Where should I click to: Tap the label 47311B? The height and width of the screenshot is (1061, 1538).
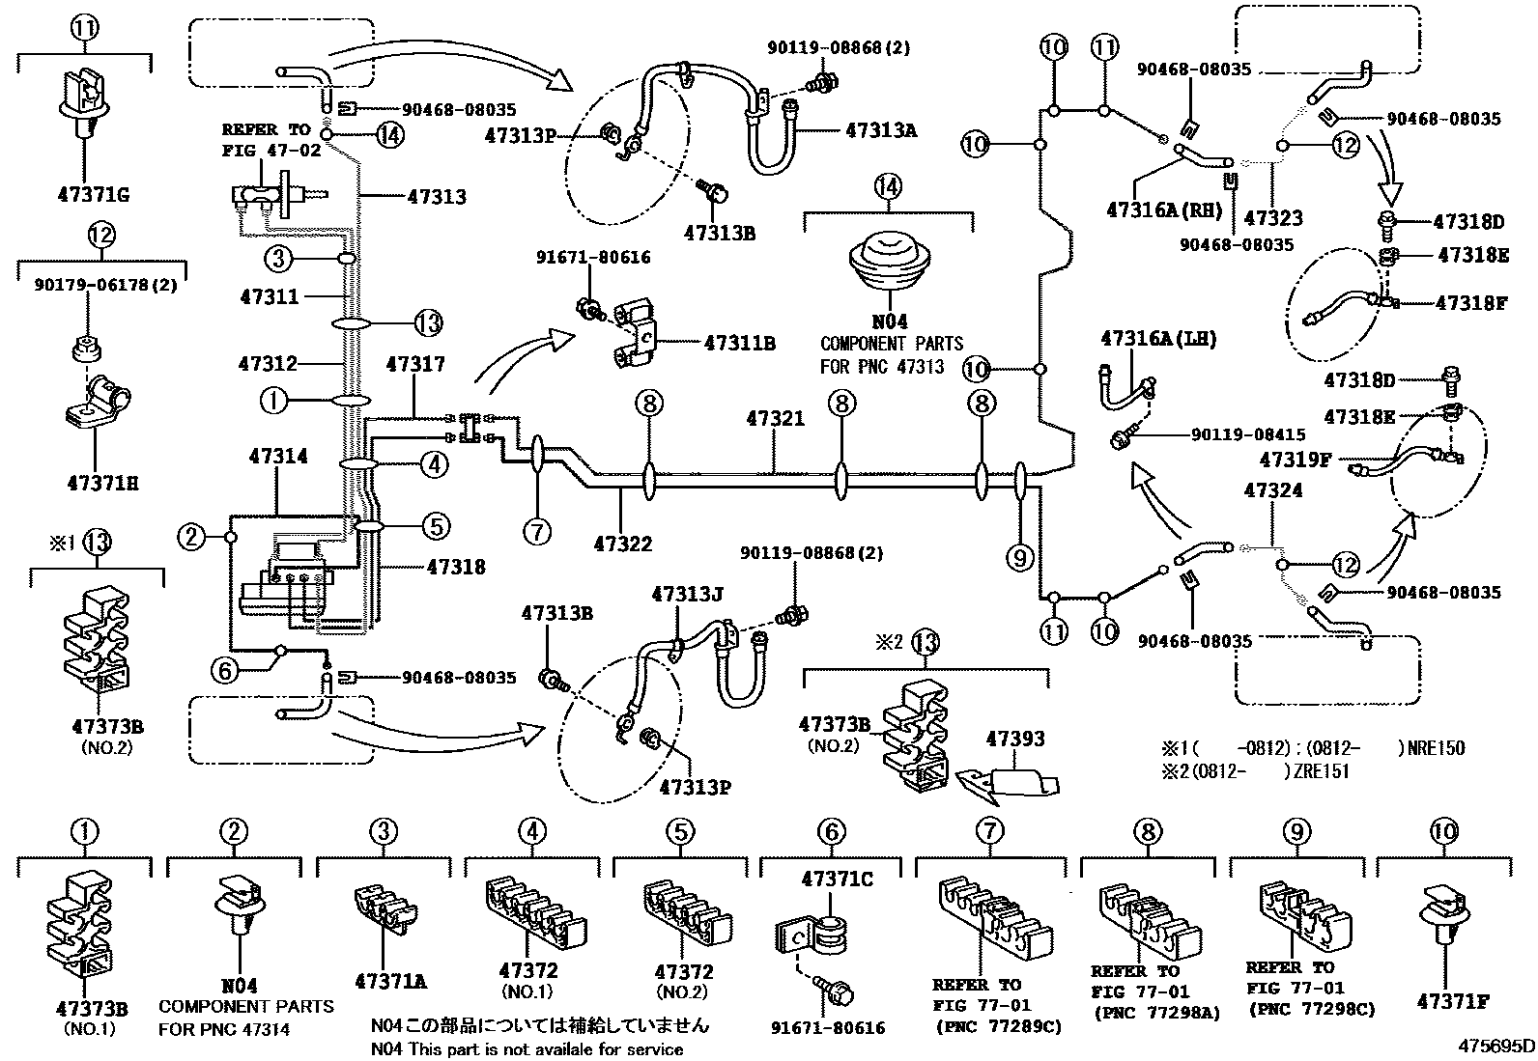click(x=740, y=343)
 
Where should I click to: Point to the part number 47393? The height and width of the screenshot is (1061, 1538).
click(x=1014, y=739)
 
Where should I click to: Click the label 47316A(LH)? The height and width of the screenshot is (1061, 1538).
click(x=1157, y=338)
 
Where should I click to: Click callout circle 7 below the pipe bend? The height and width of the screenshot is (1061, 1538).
click(x=537, y=530)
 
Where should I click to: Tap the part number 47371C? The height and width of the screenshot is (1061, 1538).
click(x=837, y=879)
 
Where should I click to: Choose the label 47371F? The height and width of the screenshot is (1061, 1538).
click(x=1452, y=1001)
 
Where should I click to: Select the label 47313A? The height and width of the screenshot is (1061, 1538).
click(x=880, y=128)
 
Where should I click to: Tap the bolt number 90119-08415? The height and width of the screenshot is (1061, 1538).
click(x=1213, y=435)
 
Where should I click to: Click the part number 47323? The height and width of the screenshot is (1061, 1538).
click(x=1272, y=218)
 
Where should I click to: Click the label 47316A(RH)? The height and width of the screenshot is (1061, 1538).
click(x=1165, y=209)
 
